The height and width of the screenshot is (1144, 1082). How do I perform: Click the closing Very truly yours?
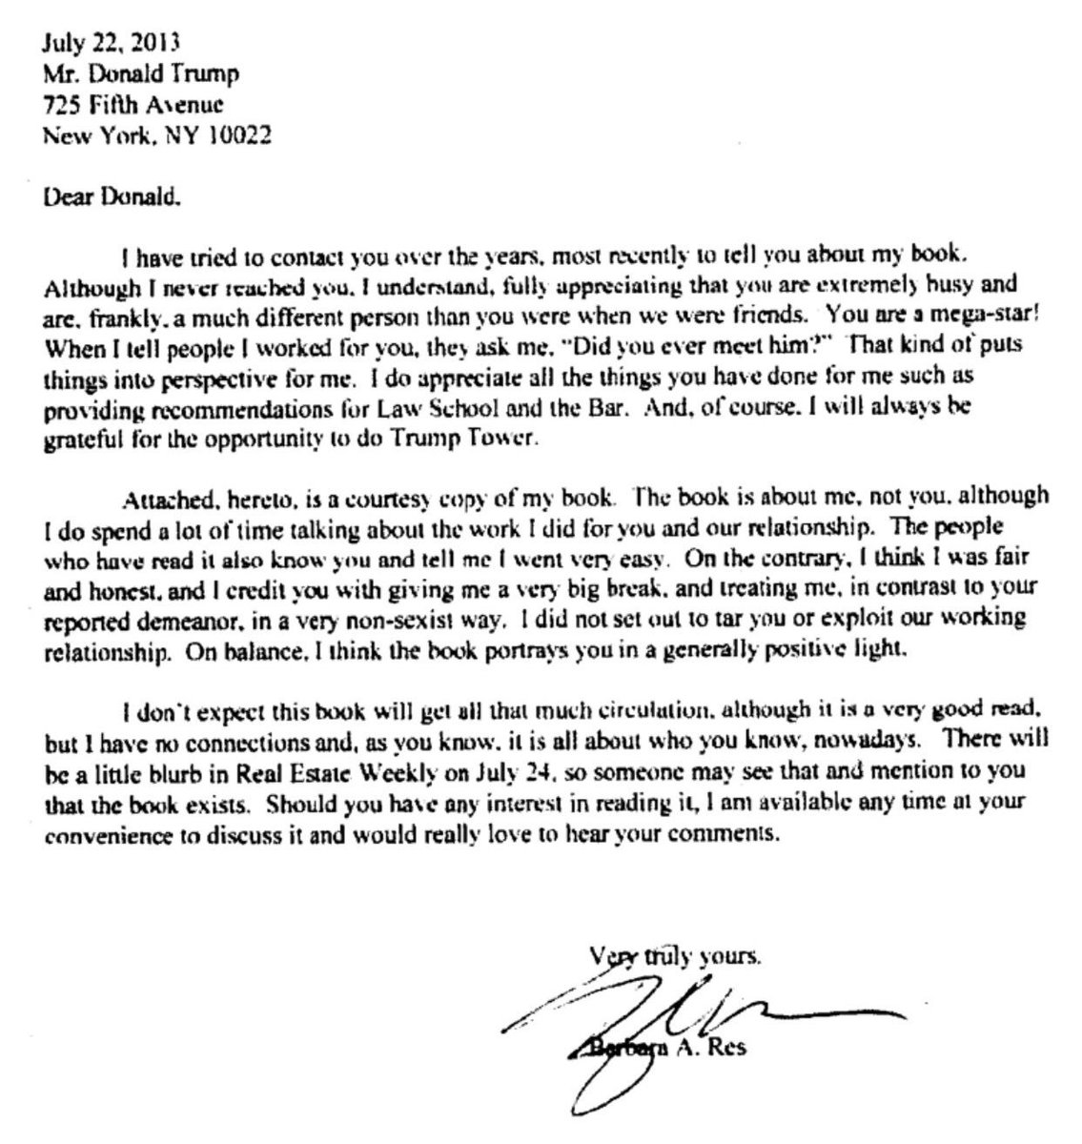click(675, 953)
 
